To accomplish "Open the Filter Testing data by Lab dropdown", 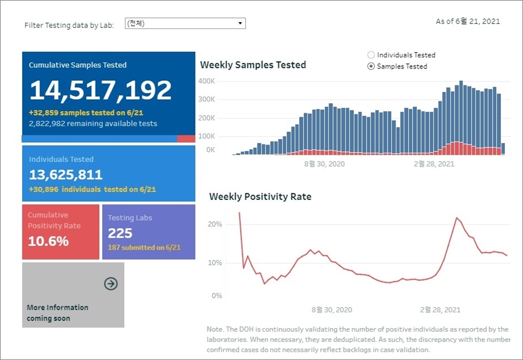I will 185,23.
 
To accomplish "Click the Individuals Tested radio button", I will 371,55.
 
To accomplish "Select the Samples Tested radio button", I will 371,66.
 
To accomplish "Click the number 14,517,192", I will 101,91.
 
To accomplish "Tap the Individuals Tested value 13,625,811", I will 66,175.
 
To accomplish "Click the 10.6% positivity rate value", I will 48,241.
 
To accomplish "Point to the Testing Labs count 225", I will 120,233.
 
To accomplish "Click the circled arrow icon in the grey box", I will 110,283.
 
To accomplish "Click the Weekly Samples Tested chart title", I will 253,65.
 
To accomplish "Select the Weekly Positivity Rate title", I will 260,197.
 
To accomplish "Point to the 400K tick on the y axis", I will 207,81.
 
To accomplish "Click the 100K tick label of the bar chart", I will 207,136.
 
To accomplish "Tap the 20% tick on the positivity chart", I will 215,224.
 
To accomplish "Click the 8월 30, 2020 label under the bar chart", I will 324,164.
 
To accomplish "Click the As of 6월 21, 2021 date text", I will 468,21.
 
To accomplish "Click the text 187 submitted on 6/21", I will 144,247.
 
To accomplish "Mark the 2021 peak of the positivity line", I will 457,218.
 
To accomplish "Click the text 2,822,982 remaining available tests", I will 93,124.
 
